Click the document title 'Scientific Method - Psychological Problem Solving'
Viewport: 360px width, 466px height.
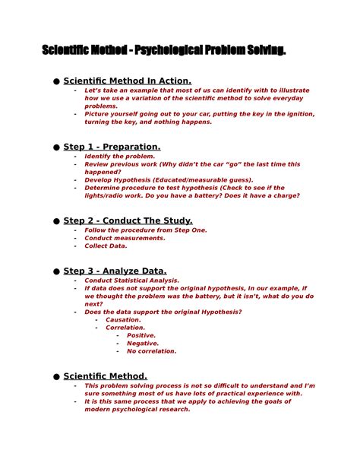point(164,50)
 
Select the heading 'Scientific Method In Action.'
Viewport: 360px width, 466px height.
point(128,81)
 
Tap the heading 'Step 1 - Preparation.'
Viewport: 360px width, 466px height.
point(112,147)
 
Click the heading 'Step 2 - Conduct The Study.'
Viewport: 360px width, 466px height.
point(128,220)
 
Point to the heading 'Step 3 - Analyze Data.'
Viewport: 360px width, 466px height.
point(115,271)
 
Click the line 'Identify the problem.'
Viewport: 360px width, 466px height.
point(119,156)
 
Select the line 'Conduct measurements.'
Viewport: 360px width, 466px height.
point(125,238)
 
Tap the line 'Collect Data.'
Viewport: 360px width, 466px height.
point(106,246)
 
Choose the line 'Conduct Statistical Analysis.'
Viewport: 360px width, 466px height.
point(131,280)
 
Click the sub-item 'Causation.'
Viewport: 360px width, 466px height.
point(123,320)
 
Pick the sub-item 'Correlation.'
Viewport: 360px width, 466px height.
point(125,328)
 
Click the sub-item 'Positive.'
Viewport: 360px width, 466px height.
point(141,335)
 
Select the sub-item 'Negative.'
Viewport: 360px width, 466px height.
point(143,344)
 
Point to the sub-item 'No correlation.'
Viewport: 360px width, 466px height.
point(151,351)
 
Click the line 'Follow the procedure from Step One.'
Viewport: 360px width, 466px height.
point(145,230)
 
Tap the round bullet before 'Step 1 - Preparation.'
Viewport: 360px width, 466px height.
point(55,147)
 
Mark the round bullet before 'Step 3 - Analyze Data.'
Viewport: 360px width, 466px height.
point(55,271)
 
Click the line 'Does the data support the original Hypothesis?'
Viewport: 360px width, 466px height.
point(163,312)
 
